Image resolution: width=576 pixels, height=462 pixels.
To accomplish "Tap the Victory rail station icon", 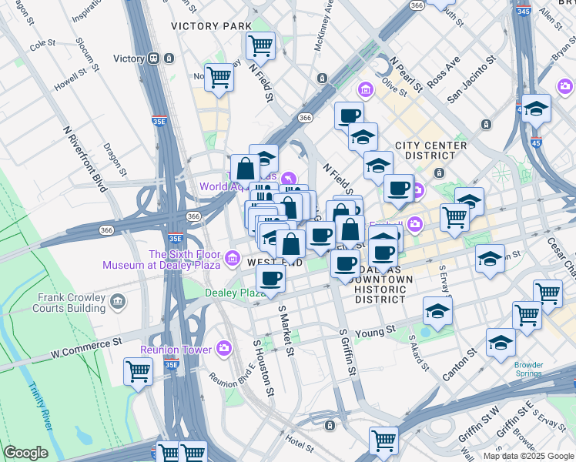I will pos(154,59).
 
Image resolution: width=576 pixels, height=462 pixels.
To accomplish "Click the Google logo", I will pos(26,453).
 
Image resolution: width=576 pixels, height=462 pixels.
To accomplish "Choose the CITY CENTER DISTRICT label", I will pos(430,151).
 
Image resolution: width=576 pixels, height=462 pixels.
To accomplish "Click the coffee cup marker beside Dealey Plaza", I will pos(270,279).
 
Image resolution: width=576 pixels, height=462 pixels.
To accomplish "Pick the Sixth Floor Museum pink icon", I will pos(233,256).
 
